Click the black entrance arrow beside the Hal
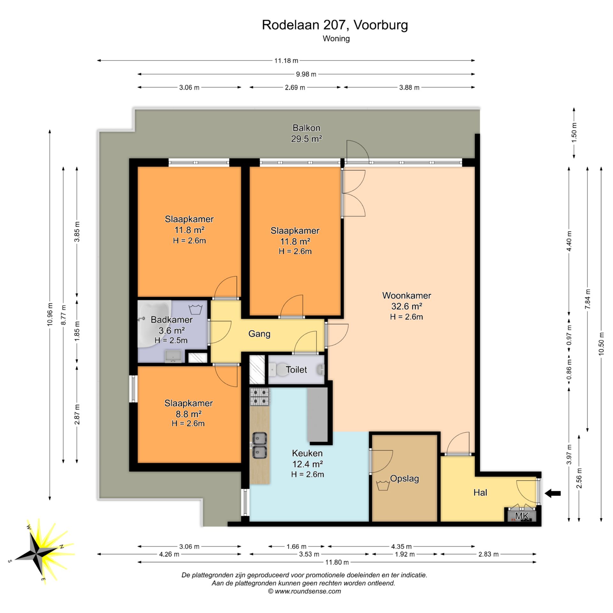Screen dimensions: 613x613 (x=553, y=493)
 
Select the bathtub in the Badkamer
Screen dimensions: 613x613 (x=155, y=323)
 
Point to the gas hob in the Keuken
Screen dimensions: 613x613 (x=260, y=397)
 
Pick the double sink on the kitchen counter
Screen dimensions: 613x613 (x=260, y=445)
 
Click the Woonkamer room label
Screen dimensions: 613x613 (x=407, y=295)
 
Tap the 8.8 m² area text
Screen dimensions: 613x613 (x=188, y=414)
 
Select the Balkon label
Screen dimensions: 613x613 (x=306, y=128)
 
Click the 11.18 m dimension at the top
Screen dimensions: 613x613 (x=286, y=60)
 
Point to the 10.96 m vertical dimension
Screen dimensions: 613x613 (x=50, y=314)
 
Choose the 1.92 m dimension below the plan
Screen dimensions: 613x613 (x=405, y=554)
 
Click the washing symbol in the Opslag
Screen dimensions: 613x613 (x=382, y=485)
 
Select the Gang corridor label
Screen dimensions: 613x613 (x=259, y=334)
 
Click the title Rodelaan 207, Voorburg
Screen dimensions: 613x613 (x=335, y=25)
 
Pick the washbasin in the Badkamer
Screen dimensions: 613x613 (x=173, y=356)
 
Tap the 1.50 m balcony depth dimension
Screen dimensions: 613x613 (x=574, y=132)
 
